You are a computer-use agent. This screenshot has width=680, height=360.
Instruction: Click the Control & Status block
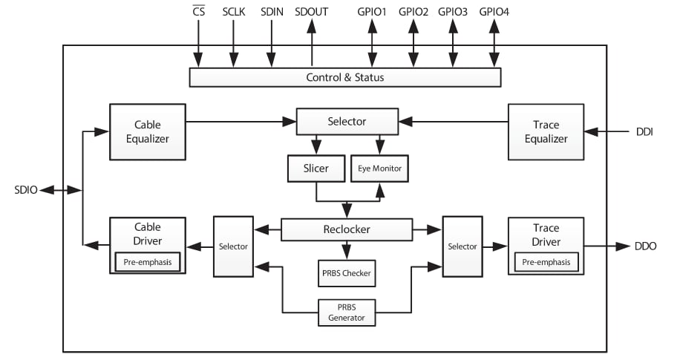(345, 77)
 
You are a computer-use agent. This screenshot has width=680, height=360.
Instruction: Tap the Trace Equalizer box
(546, 131)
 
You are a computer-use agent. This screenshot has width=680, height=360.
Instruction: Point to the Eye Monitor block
(379, 168)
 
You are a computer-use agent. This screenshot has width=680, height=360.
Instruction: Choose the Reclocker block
(346, 229)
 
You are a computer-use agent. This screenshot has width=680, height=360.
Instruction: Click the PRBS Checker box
(346, 273)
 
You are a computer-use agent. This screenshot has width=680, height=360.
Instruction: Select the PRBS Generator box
(346, 312)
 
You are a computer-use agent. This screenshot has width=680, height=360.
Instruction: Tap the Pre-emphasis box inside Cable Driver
(147, 261)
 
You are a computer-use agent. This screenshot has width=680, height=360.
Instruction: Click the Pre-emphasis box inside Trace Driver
(546, 261)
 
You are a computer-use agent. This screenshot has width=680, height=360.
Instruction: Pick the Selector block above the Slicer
(346, 121)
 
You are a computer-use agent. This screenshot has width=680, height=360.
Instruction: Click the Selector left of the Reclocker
(232, 246)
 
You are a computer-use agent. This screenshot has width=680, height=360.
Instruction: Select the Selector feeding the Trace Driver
(462, 246)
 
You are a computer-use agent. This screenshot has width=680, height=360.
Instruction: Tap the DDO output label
(645, 246)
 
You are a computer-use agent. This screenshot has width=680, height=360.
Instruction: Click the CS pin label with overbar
(198, 12)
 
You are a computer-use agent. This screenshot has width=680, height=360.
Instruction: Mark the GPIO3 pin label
(453, 12)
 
